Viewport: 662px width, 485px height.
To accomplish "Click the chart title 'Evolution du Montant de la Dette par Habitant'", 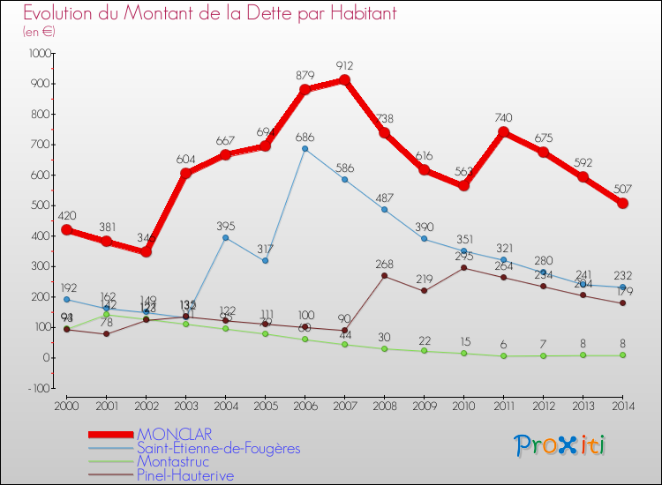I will pyautogui.click(x=210, y=13).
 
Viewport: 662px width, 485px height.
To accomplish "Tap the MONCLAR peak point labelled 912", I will pyautogui.click(x=344, y=80).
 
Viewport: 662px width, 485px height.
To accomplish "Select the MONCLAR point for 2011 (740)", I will pyautogui.click(x=503, y=132).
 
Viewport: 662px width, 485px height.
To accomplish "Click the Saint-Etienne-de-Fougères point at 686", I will pyautogui.click(x=305, y=148).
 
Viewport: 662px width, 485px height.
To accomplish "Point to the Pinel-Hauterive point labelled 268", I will pyautogui.click(x=384, y=275).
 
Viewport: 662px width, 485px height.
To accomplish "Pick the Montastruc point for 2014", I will pyautogui.click(x=622, y=355).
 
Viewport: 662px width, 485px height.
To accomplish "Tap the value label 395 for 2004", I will pyautogui.click(x=225, y=227).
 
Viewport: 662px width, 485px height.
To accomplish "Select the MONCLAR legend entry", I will pyautogui.click(x=174, y=434).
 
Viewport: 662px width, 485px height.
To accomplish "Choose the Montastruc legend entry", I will pyautogui.click(x=173, y=461).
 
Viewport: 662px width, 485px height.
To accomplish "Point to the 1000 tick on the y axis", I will pyautogui.click(x=40, y=54).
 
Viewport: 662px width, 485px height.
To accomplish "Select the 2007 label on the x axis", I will pyautogui.click(x=344, y=406).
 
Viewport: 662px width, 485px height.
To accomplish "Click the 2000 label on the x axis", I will pyautogui.click(x=66, y=406).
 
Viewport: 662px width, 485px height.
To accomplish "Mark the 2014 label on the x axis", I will pyautogui.click(x=622, y=406).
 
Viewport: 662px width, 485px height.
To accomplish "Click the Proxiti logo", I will pyautogui.click(x=560, y=445).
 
